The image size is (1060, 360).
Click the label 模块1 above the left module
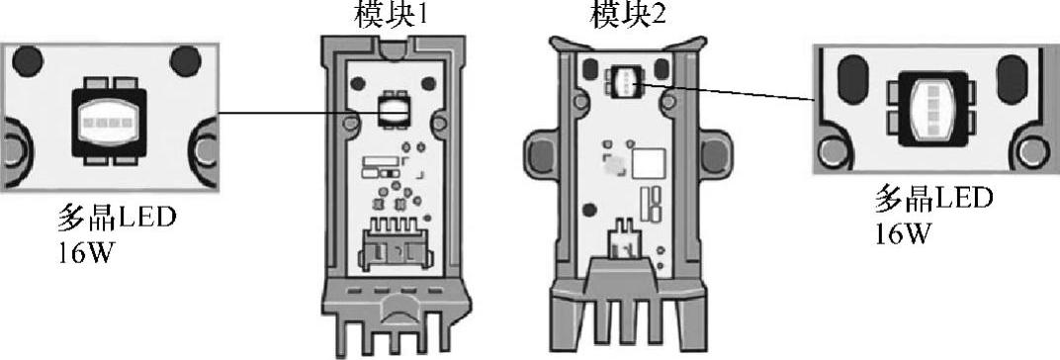391,14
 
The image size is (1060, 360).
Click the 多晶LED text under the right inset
933,200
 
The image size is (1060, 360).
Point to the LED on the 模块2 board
624,80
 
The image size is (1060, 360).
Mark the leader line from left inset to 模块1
298,113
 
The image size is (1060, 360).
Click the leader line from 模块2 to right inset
726,91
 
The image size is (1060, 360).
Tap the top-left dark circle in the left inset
28,61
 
